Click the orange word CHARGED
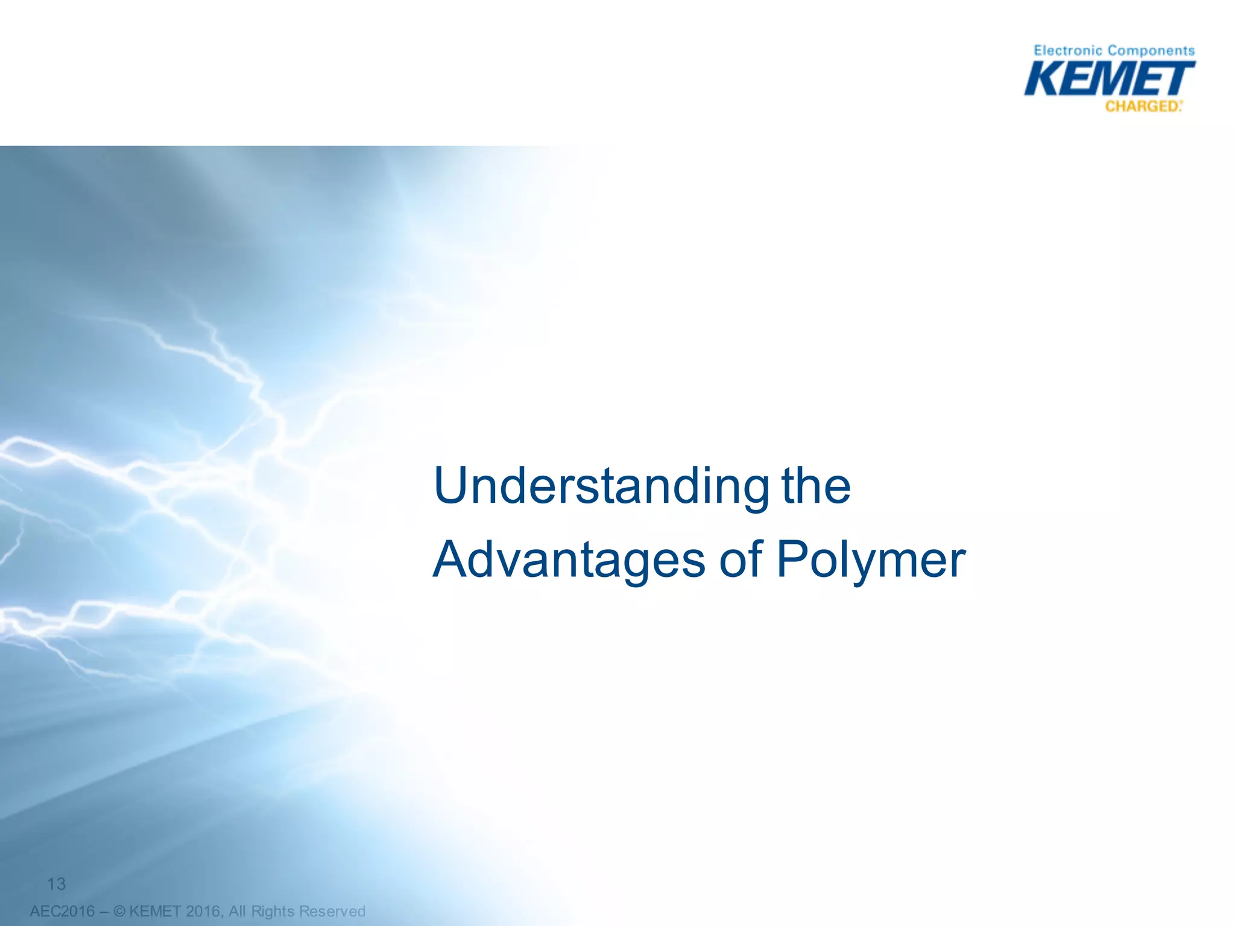1142,107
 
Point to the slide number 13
56,884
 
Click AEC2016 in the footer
62,911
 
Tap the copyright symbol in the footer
119,911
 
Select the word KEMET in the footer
155,911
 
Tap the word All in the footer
238,911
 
